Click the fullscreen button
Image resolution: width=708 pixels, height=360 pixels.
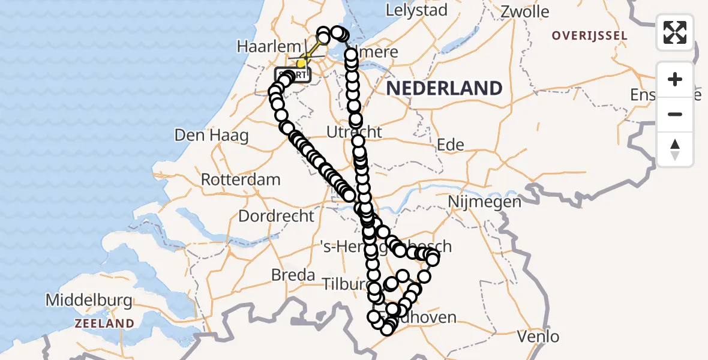[x=675, y=32]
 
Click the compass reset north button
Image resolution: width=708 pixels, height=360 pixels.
[x=675, y=149]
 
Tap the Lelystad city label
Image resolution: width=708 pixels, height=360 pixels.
[x=416, y=10]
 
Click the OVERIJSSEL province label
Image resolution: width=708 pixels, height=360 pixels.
[x=590, y=36]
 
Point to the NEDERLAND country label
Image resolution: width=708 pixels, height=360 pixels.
[x=444, y=89]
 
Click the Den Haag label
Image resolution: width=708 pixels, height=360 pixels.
[x=211, y=135]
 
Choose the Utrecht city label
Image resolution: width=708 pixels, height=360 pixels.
[x=355, y=131]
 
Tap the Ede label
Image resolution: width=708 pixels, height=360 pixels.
[x=451, y=145]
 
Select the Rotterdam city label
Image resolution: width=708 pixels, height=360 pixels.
[x=241, y=179]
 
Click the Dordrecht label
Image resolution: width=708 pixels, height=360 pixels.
[x=276, y=215]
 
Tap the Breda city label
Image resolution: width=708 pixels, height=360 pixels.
[x=293, y=275]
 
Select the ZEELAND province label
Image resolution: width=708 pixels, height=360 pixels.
[x=104, y=323]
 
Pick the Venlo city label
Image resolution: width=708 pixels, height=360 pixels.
[x=539, y=336]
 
